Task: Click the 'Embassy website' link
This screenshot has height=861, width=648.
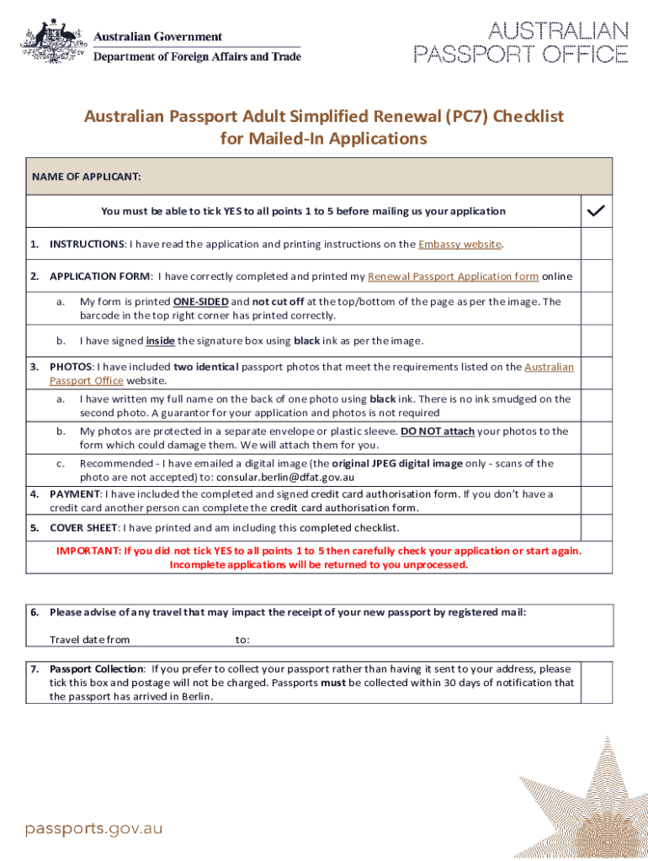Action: point(459,244)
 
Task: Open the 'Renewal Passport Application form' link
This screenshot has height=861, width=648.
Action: point(453,276)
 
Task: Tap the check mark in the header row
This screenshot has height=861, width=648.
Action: point(596,211)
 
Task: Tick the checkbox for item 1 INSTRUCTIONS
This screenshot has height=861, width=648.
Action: point(597,244)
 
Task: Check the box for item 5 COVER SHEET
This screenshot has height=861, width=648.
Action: point(597,528)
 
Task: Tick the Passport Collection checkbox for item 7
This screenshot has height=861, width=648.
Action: point(597,682)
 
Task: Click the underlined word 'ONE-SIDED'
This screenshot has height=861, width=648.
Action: point(200,301)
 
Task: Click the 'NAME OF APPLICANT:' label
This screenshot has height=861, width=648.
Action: point(86,177)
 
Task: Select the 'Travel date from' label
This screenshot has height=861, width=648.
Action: point(90,640)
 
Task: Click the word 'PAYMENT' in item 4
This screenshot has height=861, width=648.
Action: point(75,494)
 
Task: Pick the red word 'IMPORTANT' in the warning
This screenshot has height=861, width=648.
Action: point(88,551)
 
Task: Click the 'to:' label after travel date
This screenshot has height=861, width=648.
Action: point(242,640)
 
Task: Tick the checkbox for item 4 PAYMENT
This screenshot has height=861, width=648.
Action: point(597,500)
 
